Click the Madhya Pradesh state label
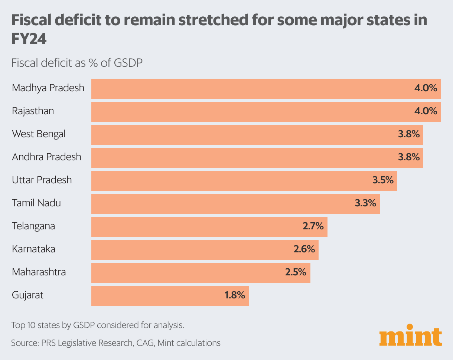tap(48, 88)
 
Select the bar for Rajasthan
tap(266, 111)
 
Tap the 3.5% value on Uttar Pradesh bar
tap(383, 180)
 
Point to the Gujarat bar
tap(170, 295)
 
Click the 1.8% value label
tap(234, 295)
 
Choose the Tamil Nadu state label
tap(36, 203)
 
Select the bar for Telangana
tap(209, 226)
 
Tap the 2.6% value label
tap(304, 249)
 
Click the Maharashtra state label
tap(39, 272)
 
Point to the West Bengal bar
tap(257, 134)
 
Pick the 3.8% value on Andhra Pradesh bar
tap(409, 157)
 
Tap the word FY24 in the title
tap(29, 39)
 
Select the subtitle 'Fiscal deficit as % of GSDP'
tap(77, 63)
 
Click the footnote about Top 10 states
tap(98, 325)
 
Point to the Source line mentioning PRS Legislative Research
tap(115, 343)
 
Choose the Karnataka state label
tap(33, 249)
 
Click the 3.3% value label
tap(366, 203)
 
